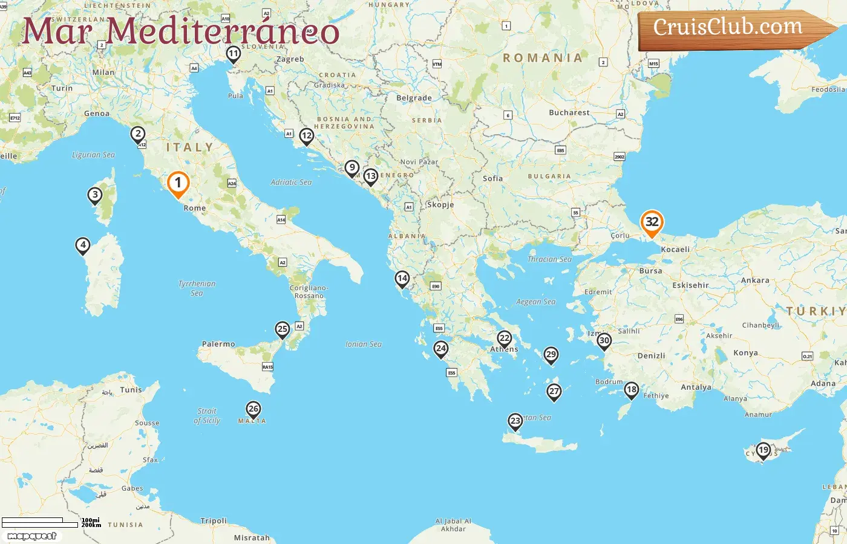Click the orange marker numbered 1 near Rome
click(x=178, y=183)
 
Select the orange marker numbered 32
click(x=652, y=222)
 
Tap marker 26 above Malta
click(x=253, y=410)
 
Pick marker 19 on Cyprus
click(x=764, y=450)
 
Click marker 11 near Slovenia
click(x=233, y=54)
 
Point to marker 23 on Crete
click(x=515, y=421)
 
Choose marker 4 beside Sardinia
click(x=83, y=245)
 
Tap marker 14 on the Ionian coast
click(x=402, y=279)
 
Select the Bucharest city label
click(x=569, y=112)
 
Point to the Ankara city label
click(x=755, y=280)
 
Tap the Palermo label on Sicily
click(x=218, y=344)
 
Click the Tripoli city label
click(x=214, y=520)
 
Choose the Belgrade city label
click(x=414, y=98)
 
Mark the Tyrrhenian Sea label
click(x=197, y=288)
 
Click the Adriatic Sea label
click(x=291, y=182)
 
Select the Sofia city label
click(x=492, y=178)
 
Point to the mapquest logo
click(x=31, y=536)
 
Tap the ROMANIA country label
click(x=543, y=58)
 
